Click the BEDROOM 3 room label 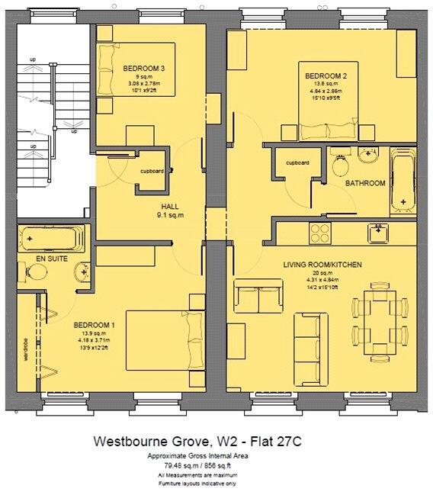(x=144, y=69)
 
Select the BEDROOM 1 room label (x=94, y=326)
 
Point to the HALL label (x=169, y=207)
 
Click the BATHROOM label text (x=364, y=184)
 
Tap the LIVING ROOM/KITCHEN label (x=322, y=264)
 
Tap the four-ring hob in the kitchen (x=319, y=230)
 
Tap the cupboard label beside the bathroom (x=297, y=163)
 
